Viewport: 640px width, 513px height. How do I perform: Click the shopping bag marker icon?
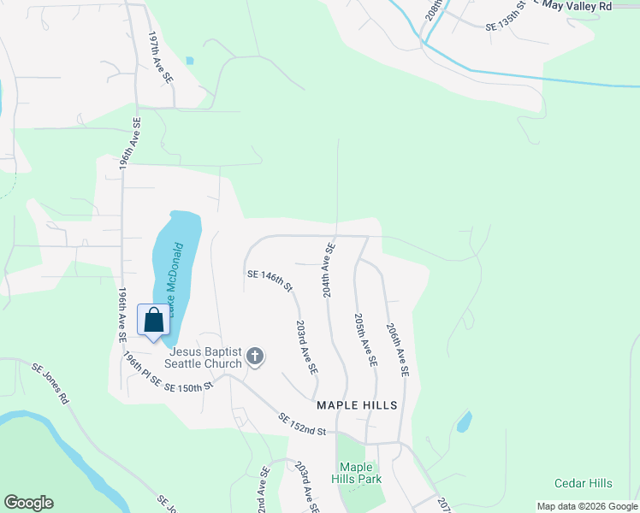154,321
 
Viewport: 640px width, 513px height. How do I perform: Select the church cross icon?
254,357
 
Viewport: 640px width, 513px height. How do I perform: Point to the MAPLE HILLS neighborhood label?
357,405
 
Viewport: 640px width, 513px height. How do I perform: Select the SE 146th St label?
270,280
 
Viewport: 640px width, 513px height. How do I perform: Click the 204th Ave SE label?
328,269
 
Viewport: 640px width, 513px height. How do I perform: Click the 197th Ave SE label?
160,57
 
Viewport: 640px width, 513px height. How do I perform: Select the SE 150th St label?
188,387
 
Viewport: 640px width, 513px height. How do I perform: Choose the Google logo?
28,503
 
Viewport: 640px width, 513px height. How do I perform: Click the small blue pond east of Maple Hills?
463,422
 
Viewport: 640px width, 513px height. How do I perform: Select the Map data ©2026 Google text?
586,506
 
